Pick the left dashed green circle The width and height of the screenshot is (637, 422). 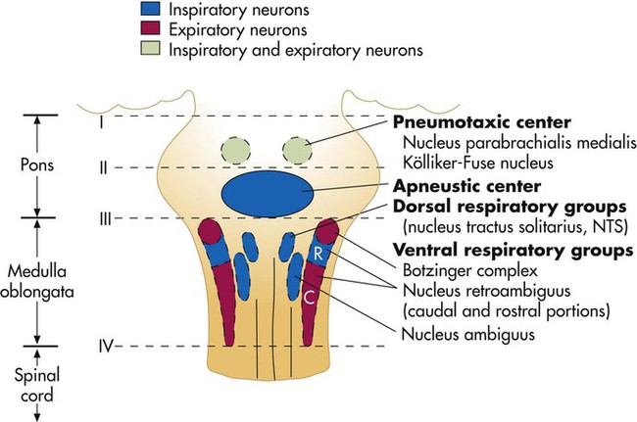(x=235, y=149)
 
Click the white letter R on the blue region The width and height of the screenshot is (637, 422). (x=318, y=252)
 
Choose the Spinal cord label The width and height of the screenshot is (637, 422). (x=39, y=378)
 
